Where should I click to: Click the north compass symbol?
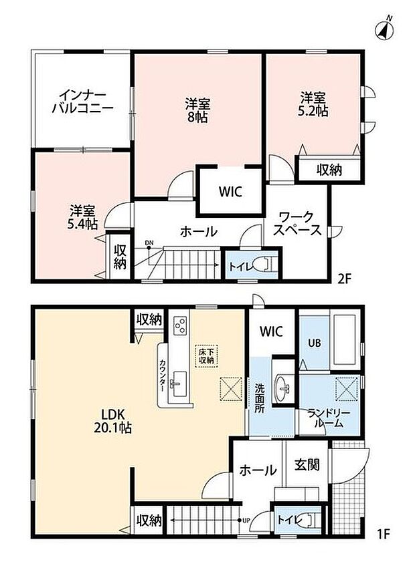coord(384,29)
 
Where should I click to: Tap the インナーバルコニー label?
coord(83,102)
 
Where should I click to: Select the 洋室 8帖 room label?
coord(197,111)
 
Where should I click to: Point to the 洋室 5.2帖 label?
coord(313,104)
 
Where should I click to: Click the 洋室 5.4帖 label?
coord(82,217)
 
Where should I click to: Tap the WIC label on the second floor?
coord(230,192)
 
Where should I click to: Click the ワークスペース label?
coord(297,223)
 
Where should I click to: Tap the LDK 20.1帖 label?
coord(112,421)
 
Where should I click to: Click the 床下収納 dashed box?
coord(206,356)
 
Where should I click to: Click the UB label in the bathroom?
coord(314,343)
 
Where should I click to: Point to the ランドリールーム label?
coord(329,418)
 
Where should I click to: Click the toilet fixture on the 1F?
coord(307,521)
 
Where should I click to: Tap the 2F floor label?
coord(343,279)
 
